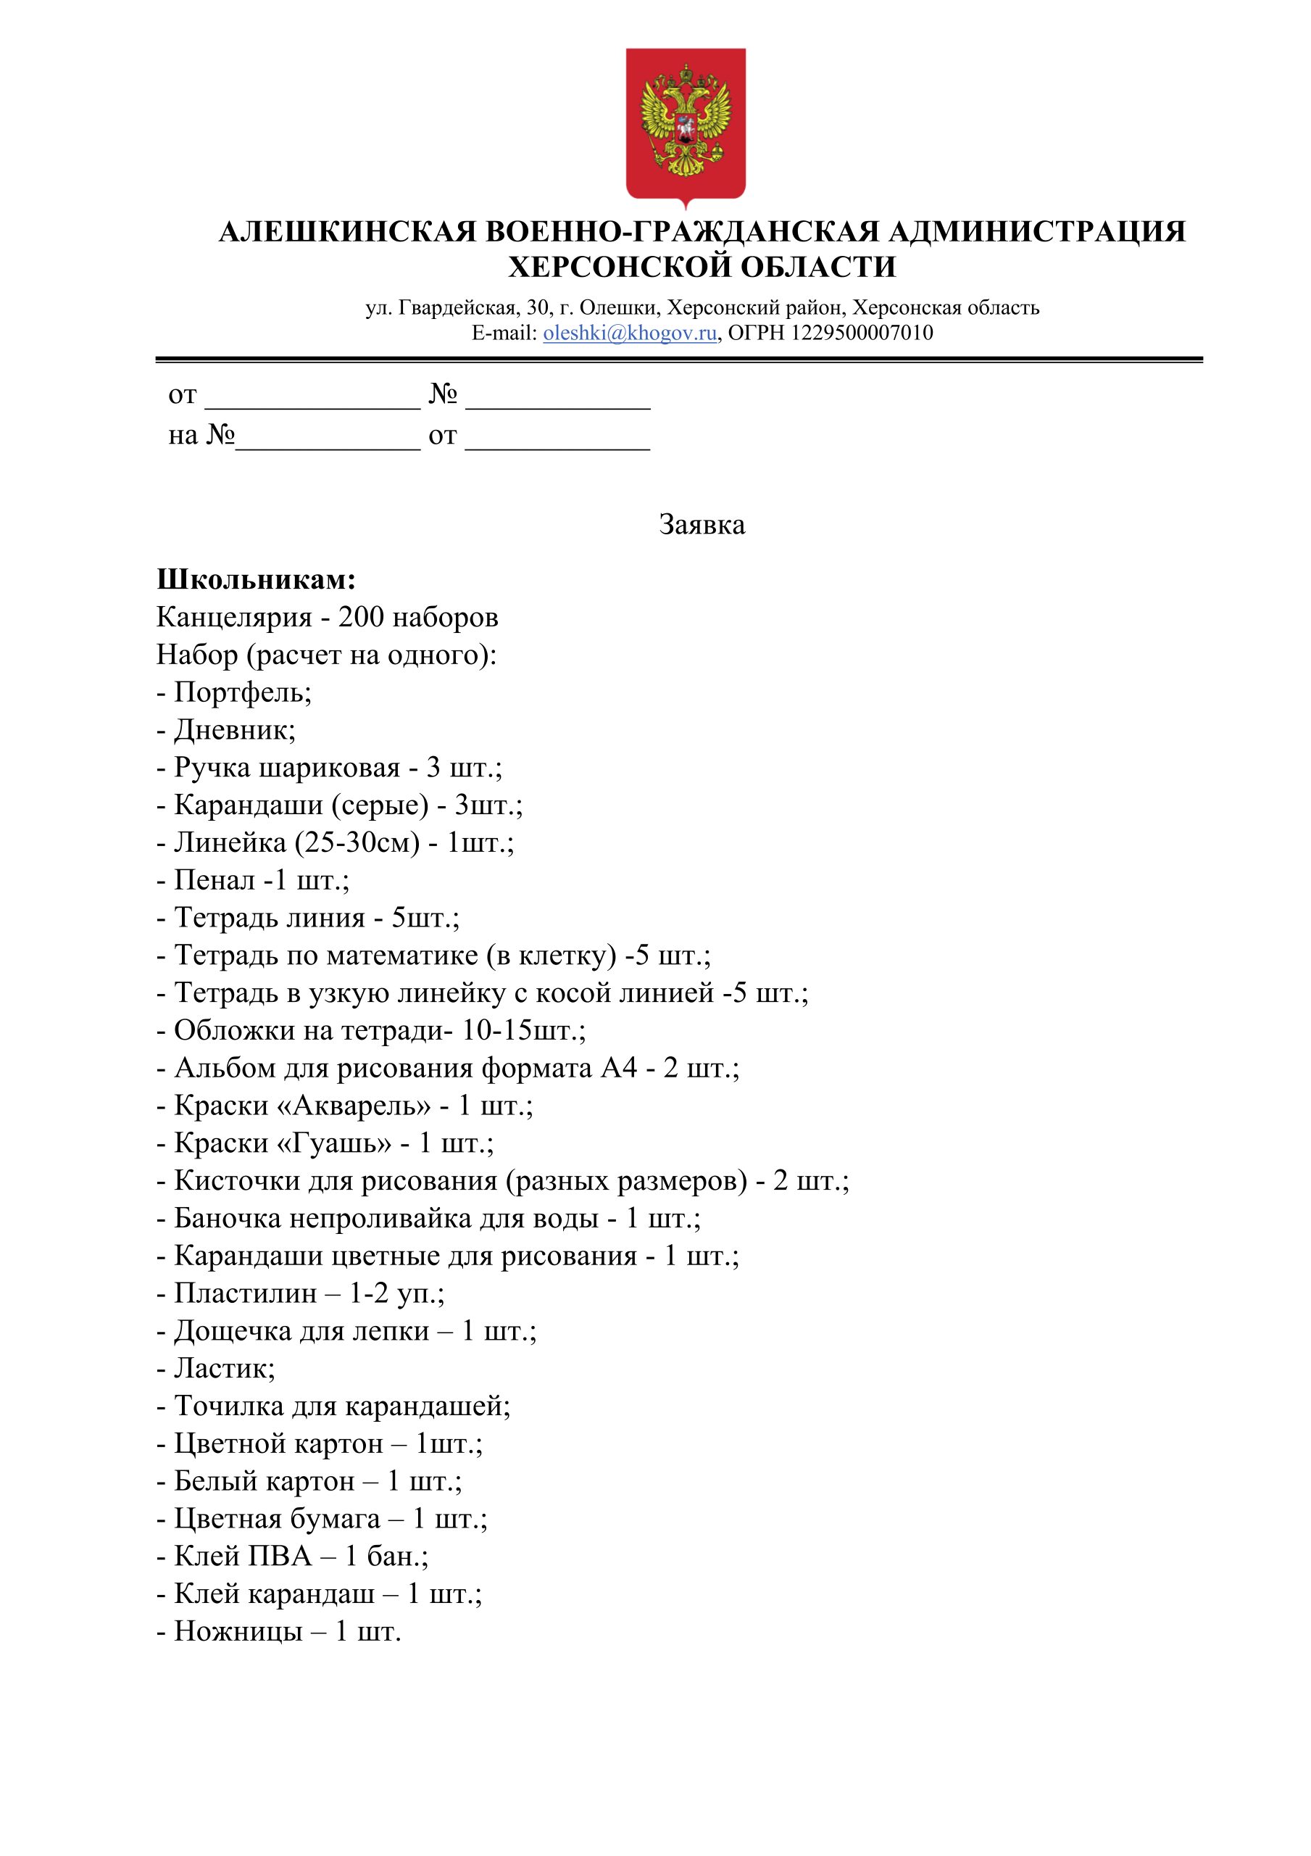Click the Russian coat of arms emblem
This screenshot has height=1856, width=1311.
[686, 125]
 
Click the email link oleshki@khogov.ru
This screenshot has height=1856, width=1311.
[630, 333]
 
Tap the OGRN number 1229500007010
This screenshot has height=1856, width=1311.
[862, 333]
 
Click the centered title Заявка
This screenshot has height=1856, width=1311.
[702, 526]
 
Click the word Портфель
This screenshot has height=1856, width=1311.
[240, 693]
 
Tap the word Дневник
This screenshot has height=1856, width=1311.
[232, 730]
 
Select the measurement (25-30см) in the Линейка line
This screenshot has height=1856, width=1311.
[357, 843]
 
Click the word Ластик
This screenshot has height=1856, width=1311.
[222, 1369]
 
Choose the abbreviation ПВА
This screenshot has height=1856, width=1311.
[279, 1556]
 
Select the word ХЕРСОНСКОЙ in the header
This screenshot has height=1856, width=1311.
[618, 267]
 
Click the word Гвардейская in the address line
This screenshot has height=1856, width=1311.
[457, 308]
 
